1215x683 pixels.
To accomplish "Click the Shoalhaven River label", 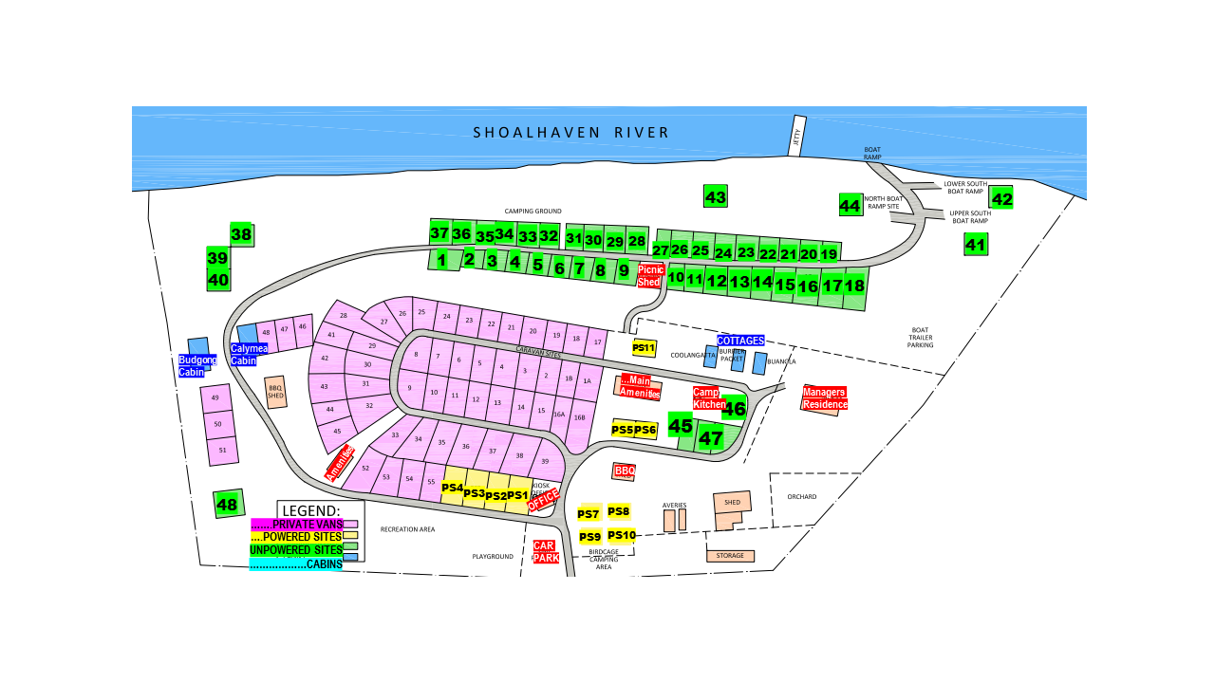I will (571, 133).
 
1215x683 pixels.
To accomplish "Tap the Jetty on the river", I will (796, 137).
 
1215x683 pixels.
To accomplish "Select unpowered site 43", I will (716, 197).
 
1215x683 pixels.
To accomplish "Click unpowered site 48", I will (228, 505).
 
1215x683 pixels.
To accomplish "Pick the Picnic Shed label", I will (649, 275).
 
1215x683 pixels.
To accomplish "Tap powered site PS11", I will (644, 348).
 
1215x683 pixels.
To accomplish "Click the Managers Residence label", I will (824, 398).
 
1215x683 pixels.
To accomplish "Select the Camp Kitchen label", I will (706, 398).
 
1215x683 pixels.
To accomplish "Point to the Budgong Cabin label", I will (197, 366).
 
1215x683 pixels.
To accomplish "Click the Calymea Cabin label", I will (250, 355).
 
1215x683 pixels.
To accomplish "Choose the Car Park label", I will (545, 552).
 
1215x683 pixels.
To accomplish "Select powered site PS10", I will (622, 535).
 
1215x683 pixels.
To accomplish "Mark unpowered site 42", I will (1001, 198).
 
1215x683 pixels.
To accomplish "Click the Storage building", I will (730, 556).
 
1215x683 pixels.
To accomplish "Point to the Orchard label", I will (802, 497).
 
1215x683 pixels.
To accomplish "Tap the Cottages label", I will (740, 341).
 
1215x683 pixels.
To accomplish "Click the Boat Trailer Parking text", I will (921, 338).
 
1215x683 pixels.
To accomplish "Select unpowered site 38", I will (241, 234).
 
